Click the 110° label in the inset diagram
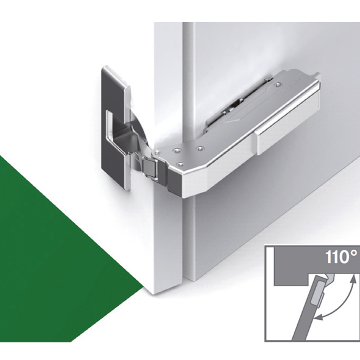coord(341,257)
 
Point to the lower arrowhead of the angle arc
coord(318,317)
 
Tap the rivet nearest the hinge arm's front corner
coord(181,164)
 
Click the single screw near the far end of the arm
coord(278,85)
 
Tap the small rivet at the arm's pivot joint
coord(157,152)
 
